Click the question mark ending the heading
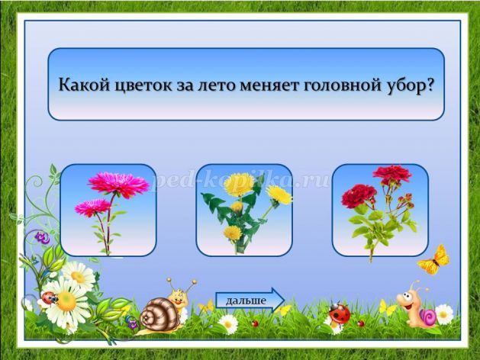pyautogui.click(x=429, y=84)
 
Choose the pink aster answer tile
pyautogui.click(x=108, y=211)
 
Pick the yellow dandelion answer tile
pyautogui.click(x=244, y=211)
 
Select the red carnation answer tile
pyautogui.click(x=380, y=211)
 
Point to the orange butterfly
pyautogui.click(x=435, y=259)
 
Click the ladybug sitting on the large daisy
pyautogui.click(x=50, y=297)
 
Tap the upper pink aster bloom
pyautogui.click(x=119, y=184)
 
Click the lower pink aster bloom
pyautogui.click(x=92, y=207)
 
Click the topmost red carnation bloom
pyautogui.click(x=392, y=175)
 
